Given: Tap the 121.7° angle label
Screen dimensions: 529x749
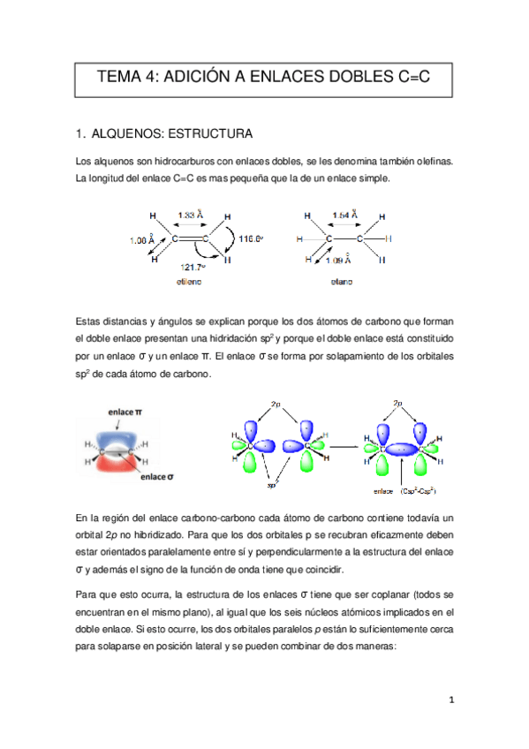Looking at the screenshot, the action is tap(193, 268).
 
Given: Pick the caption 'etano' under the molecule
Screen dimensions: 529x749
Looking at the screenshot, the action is tap(341, 284).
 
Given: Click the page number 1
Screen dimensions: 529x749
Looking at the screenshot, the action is tap(450, 700).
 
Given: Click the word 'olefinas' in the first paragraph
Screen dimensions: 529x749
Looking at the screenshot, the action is tap(429, 162).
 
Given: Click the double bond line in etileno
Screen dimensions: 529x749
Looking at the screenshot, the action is tap(190, 238).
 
